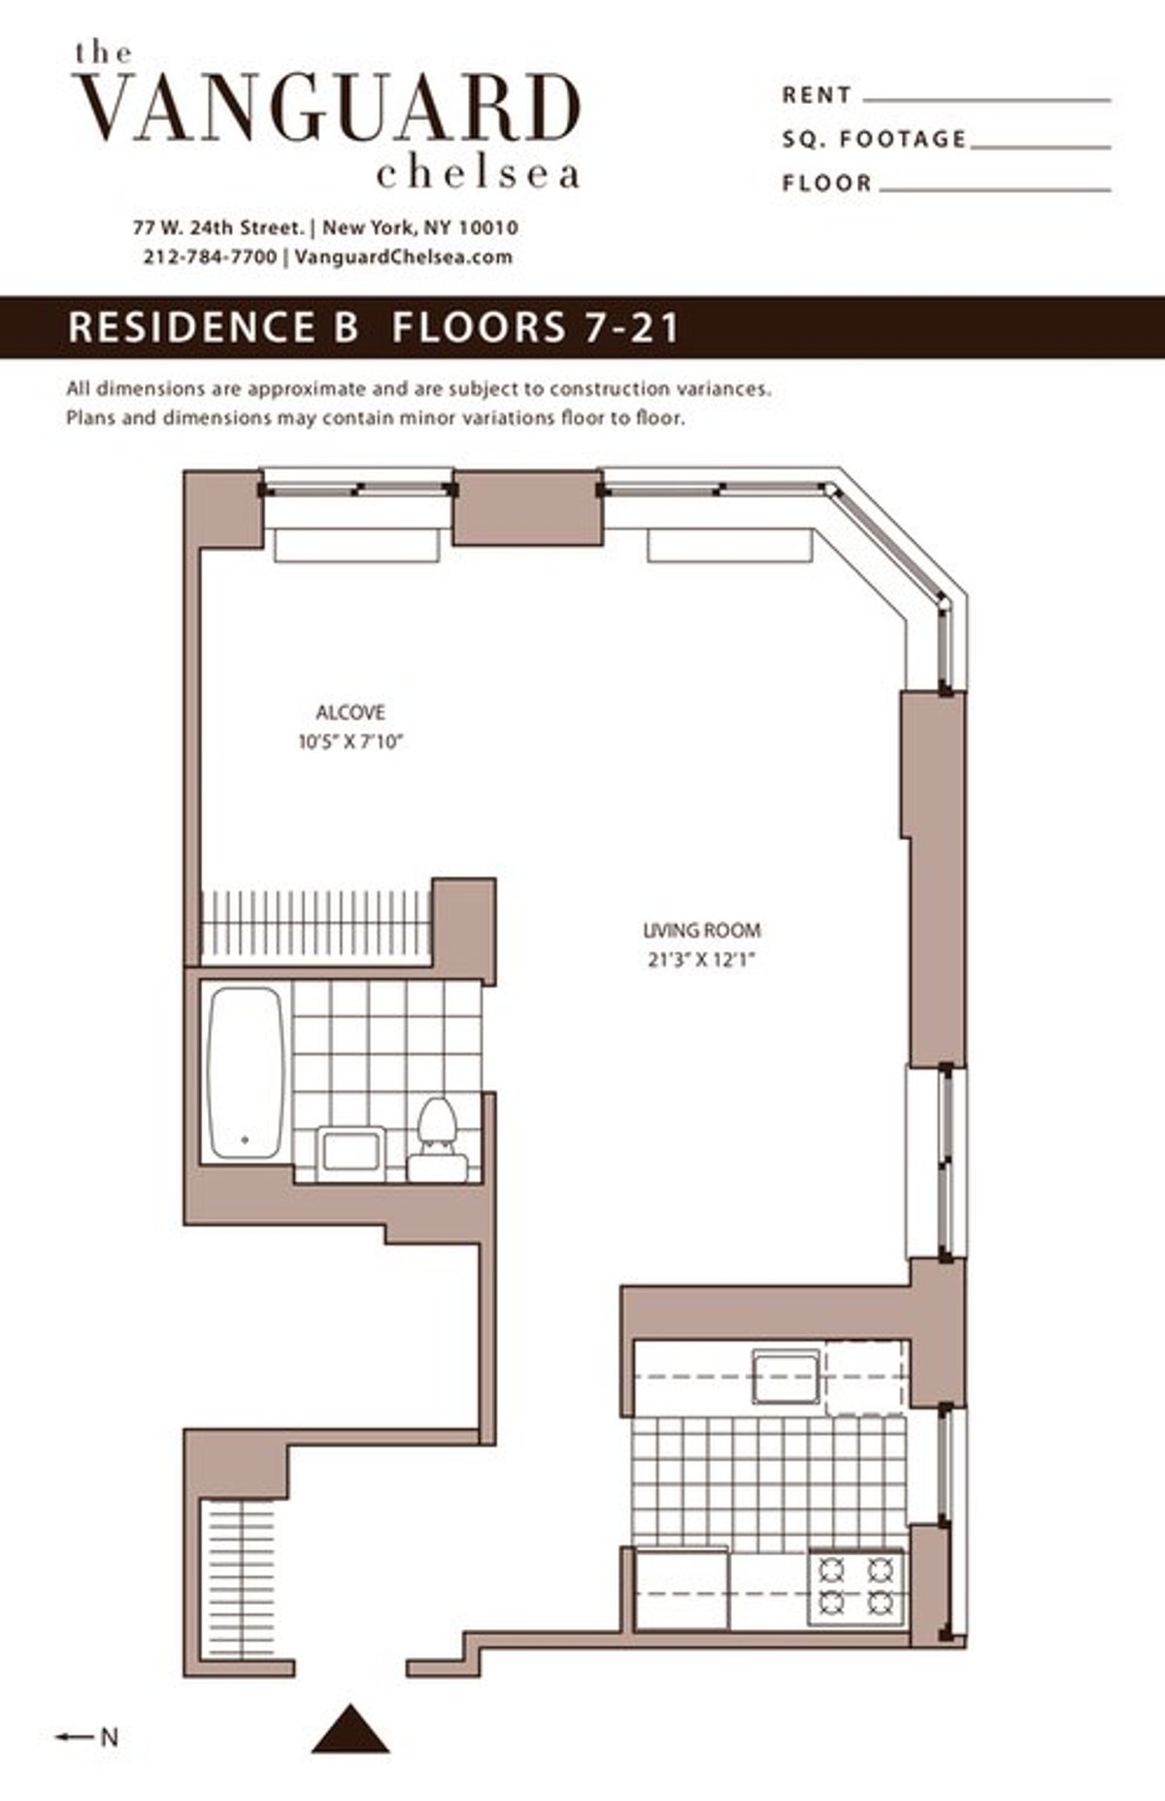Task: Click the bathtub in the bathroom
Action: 247,1072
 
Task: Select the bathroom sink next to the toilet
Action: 351,1153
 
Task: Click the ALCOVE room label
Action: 350,712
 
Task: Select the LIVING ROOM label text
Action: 702,930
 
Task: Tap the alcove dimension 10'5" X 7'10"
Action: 350,743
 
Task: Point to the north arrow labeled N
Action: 87,1737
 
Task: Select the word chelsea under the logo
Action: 479,175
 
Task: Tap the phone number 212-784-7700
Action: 210,257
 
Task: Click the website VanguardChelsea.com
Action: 402,257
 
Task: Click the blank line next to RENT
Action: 985,99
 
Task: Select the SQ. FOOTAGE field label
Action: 874,139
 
